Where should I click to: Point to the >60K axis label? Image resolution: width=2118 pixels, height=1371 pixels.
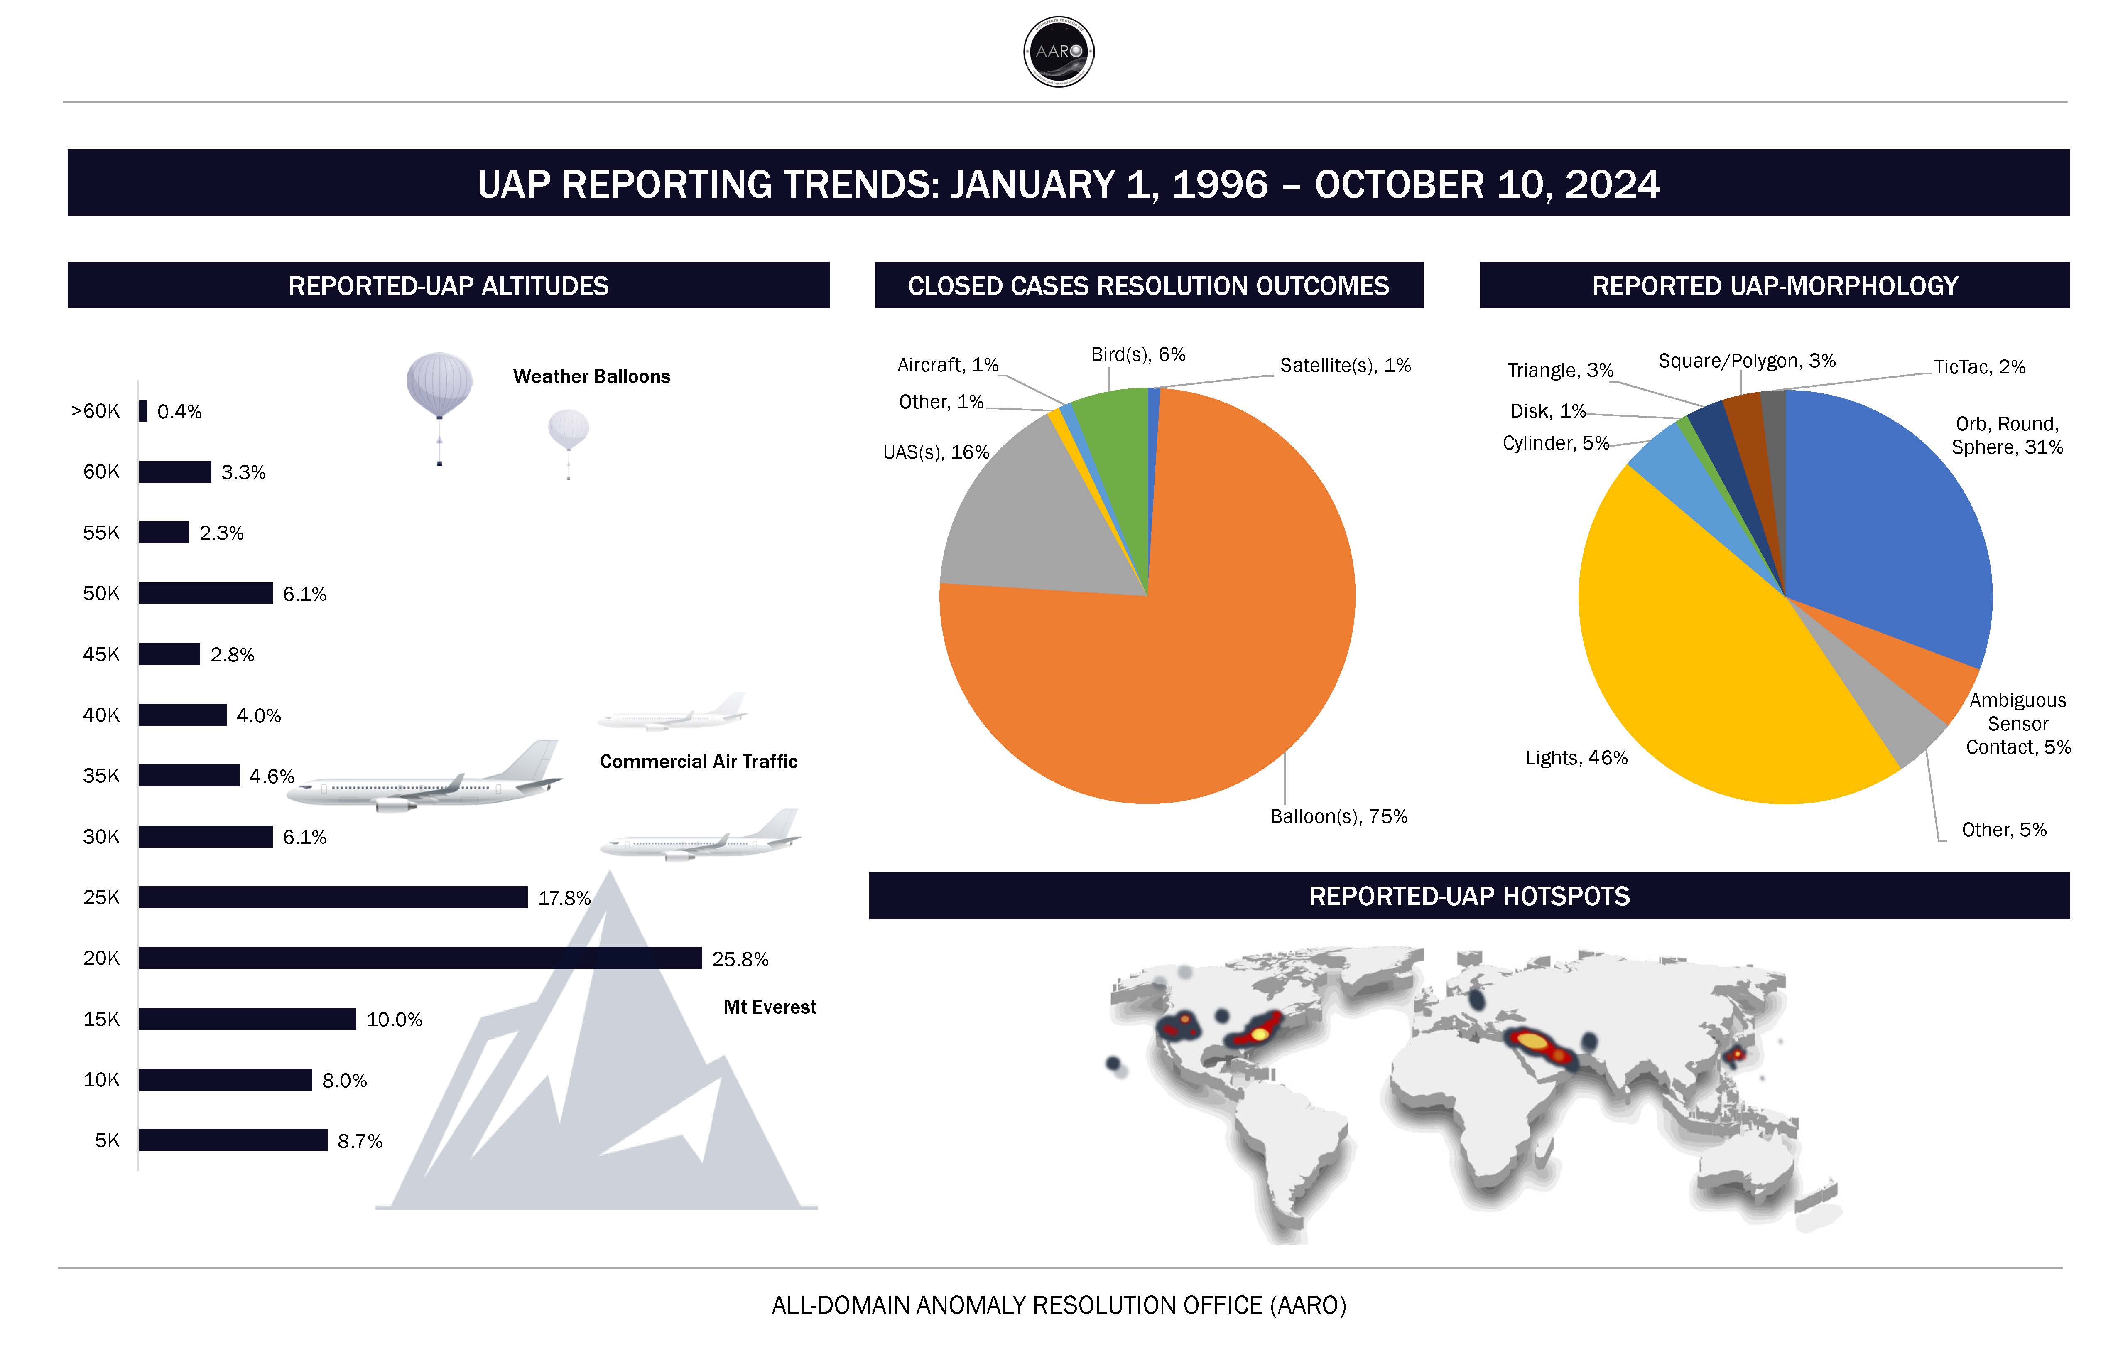[95, 411]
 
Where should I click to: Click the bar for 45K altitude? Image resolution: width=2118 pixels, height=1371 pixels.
[169, 654]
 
